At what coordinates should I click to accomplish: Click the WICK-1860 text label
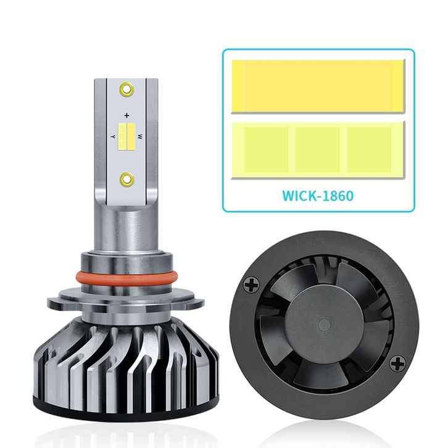tap(318, 196)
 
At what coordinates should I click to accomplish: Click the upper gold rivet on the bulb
tap(127, 89)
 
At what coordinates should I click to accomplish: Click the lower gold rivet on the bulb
tap(127, 179)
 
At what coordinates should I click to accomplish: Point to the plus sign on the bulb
tap(127, 115)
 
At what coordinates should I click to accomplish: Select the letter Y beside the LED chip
tap(113, 136)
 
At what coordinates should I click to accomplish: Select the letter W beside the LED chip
tap(140, 136)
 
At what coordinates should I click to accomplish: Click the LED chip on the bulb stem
tap(127, 136)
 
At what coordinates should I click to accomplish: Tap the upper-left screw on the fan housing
tap(251, 284)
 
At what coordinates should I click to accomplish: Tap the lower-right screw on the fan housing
tap(397, 363)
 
